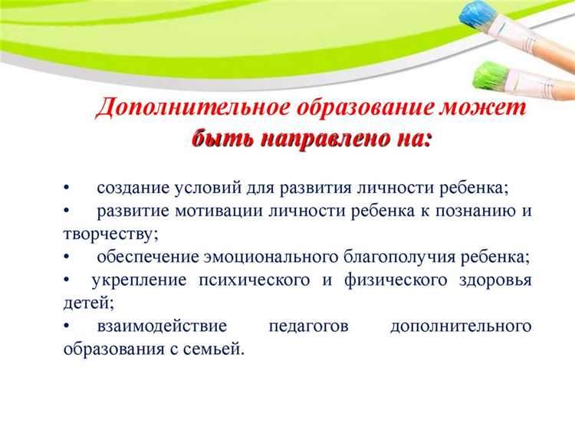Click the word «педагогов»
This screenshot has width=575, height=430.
pyautogui.click(x=309, y=327)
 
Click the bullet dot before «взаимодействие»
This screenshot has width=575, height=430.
pyautogui.click(x=67, y=327)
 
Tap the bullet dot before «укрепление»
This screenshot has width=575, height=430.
pyautogui.click(x=67, y=280)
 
